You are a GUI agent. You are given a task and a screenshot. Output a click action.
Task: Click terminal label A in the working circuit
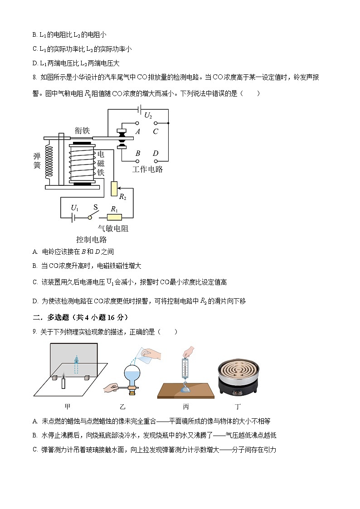click(x=138, y=131)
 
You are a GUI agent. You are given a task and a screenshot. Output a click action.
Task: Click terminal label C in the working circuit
click(x=156, y=131)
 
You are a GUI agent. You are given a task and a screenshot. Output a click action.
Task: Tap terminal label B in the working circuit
click(x=138, y=154)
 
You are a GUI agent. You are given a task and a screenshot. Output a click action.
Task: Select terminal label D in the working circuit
click(x=156, y=154)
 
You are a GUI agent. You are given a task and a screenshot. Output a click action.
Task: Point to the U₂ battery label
click(x=148, y=116)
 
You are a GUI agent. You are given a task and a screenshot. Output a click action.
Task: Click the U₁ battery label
click(x=74, y=208)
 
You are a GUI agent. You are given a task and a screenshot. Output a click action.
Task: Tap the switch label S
click(x=95, y=207)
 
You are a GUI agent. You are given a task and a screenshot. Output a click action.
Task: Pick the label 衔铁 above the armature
click(x=82, y=131)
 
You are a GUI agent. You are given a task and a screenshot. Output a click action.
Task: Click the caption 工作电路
click(x=147, y=170)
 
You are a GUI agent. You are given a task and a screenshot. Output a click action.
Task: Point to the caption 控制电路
click(x=91, y=240)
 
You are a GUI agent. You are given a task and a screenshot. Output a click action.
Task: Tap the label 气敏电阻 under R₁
click(x=113, y=229)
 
